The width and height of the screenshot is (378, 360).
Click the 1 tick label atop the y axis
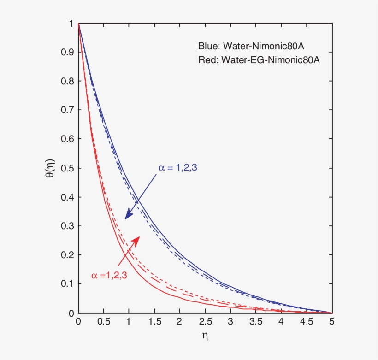coord(71,24)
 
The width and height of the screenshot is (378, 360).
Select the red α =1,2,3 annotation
coord(109,276)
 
